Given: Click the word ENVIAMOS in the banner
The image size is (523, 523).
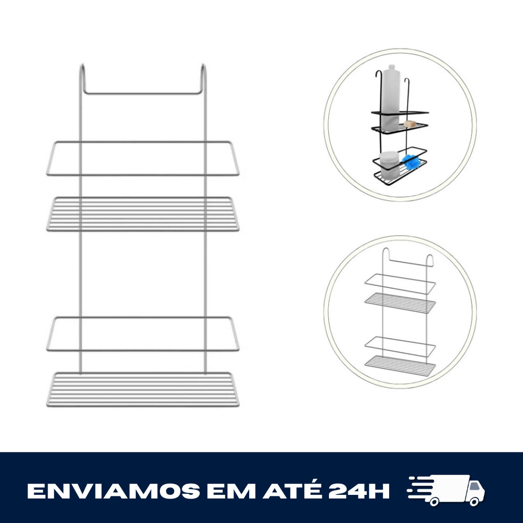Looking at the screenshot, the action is click(113, 491).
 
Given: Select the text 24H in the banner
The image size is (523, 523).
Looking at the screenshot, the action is click(359, 491).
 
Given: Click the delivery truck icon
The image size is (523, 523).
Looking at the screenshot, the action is click(445, 490).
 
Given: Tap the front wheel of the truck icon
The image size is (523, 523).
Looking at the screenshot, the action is click(474, 501).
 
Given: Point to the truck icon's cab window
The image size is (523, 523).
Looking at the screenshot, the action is click(474, 486).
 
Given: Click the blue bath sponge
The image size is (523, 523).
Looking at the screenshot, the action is click(411, 162).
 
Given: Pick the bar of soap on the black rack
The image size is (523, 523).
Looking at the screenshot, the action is click(410, 124).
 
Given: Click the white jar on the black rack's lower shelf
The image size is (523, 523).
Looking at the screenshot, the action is click(390, 165).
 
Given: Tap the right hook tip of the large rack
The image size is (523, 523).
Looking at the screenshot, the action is click(202, 65).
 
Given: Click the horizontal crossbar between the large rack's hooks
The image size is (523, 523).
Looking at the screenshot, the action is click(142, 93).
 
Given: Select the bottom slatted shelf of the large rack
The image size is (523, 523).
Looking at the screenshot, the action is click(143, 389).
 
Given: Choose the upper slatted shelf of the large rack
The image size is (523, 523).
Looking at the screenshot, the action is click(143, 214).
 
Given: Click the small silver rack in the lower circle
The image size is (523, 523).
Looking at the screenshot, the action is click(400, 312).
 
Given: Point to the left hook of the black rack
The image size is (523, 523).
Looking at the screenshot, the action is click(379, 110).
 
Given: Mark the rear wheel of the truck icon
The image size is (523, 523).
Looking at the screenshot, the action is click(434, 501).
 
